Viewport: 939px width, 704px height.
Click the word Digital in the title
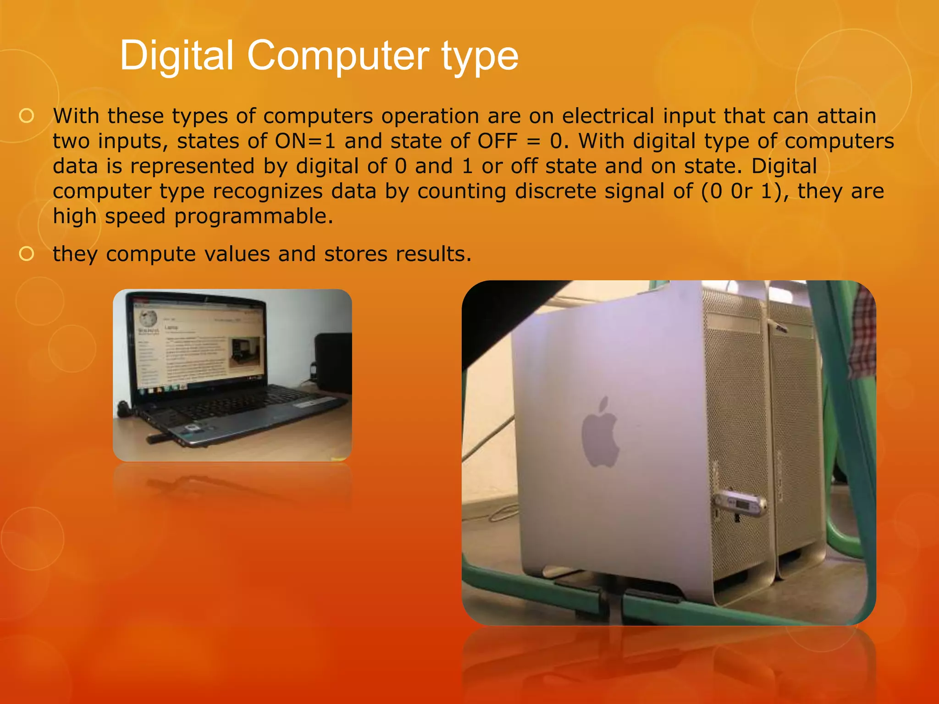[x=177, y=56]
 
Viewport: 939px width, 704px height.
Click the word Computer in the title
[x=338, y=56]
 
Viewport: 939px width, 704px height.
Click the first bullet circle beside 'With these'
[x=27, y=116]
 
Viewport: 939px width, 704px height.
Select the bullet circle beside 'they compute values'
[x=27, y=254]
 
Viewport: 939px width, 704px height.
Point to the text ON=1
[x=305, y=141]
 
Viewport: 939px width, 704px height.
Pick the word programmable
[x=254, y=216]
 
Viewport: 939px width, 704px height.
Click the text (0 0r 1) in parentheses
[x=743, y=191]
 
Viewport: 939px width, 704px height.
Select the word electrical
[x=608, y=116]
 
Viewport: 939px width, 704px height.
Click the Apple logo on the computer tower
[x=600, y=433]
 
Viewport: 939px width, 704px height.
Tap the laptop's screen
[x=199, y=348]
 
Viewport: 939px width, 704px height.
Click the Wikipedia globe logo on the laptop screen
[x=148, y=318]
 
